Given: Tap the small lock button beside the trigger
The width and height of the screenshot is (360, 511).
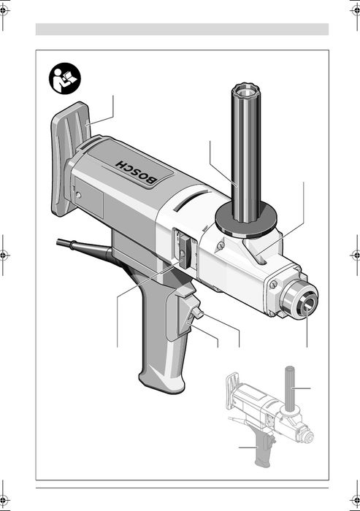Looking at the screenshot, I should tap(196, 315).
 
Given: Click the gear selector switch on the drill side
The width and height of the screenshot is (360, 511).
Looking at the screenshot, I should tap(181, 249).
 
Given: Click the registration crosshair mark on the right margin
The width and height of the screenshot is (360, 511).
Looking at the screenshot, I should tap(354, 255).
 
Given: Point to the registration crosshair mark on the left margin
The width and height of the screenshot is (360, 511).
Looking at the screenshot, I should tap(6, 255).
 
